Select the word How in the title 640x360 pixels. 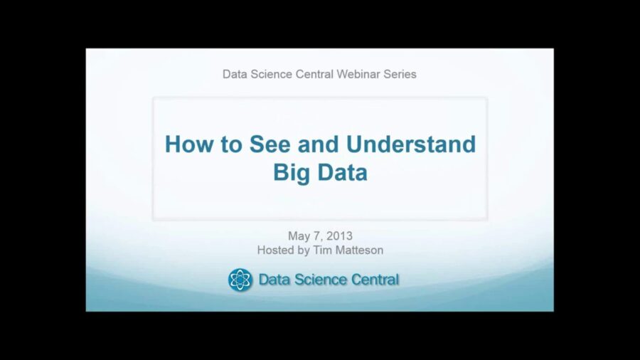point(186,144)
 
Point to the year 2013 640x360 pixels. point(338,235)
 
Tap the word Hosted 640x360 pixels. point(276,250)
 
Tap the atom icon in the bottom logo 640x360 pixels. point(240,280)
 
